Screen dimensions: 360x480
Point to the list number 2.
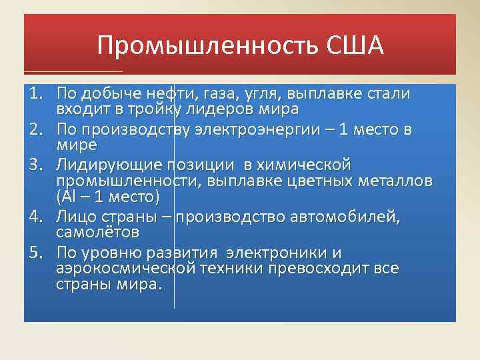pos(37,129)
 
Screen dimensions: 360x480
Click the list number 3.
pos(37,165)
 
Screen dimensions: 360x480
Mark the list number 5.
pos(37,253)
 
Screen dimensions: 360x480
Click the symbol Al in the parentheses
pos(69,197)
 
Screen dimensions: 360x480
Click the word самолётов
pos(97,232)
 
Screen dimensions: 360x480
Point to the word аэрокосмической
pos(126,269)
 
